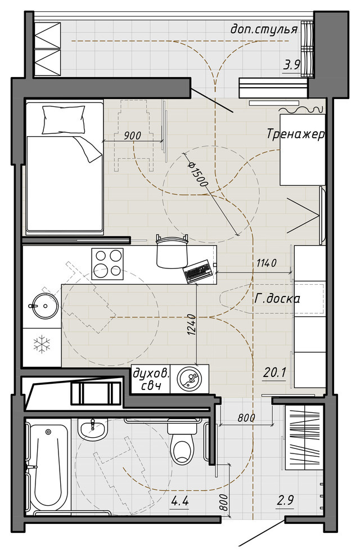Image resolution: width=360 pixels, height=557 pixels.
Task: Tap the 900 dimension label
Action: coord(132,136)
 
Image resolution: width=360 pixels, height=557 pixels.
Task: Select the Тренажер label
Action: coord(295,134)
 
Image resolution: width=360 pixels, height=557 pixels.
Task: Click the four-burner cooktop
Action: coord(107,263)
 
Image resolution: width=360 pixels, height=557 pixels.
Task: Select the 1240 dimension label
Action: coord(191,325)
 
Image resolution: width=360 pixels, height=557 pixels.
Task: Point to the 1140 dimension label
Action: coord(266,263)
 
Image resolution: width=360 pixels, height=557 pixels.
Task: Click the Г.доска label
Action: coord(277,299)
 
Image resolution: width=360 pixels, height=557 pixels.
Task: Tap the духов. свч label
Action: coord(151,379)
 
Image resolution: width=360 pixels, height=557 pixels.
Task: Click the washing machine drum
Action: coord(189,379)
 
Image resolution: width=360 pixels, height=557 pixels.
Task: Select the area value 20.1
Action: coord(274,372)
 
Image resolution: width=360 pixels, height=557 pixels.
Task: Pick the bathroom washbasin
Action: coord(93,429)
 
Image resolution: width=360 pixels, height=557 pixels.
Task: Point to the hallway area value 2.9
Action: coord(285,501)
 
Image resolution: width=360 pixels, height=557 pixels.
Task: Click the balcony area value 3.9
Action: coord(292,65)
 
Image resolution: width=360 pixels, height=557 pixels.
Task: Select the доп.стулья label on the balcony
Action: coord(264,29)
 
